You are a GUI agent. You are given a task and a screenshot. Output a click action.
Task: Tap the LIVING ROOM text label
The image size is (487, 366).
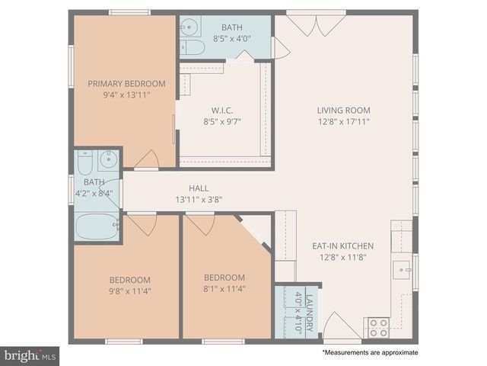click(x=343, y=109)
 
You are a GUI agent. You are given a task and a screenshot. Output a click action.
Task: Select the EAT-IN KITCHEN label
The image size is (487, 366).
click(x=343, y=246)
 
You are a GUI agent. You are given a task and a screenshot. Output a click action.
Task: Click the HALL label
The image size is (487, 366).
click(x=199, y=188)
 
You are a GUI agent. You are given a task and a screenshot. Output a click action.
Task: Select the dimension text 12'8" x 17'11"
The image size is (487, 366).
click(x=343, y=120)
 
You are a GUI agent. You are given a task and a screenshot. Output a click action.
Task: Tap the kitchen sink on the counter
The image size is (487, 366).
click(x=403, y=268)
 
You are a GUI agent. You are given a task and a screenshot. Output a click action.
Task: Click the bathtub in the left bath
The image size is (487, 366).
click(x=97, y=226)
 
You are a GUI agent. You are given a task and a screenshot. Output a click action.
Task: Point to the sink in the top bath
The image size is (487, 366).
click(x=189, y=26)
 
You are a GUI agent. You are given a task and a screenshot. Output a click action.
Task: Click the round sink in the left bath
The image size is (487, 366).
click(x=109, y=160)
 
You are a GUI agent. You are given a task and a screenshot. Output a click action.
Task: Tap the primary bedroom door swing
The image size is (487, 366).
click(x=146, y=159)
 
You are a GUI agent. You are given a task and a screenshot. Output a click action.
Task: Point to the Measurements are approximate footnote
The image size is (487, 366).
click(x=370, y=353)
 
